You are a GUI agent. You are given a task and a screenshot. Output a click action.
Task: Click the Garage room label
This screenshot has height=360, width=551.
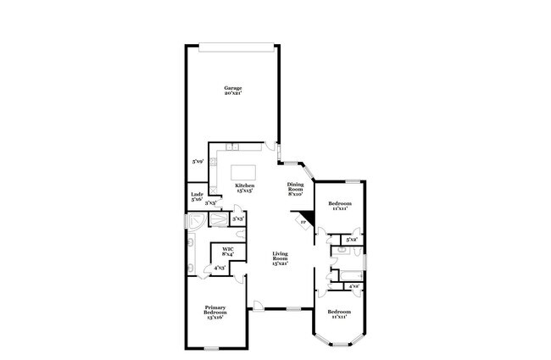click(233, 88)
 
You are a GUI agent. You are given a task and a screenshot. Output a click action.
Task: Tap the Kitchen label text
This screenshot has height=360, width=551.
click(245, 185)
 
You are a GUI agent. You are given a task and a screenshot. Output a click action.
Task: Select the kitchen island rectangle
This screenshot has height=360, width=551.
click(244, 170)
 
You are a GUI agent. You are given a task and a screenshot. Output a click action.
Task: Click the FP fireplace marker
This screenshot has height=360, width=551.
click(302, 222)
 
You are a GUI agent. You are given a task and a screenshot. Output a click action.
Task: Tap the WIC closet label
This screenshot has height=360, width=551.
click(227, 249)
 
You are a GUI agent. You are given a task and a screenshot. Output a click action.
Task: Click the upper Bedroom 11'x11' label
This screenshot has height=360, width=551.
click(339, 205)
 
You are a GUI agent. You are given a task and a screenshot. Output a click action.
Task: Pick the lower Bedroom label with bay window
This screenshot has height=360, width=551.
click(339, 311)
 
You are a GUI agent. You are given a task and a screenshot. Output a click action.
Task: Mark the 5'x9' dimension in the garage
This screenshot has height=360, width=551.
click(198, 161)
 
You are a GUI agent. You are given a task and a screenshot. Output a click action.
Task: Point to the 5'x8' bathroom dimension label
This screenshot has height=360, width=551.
click(351, 241)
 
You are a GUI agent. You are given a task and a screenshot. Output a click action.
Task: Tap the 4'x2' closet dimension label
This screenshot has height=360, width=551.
click(353, 286)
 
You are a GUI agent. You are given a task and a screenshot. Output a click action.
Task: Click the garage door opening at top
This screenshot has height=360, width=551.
click(234, 45)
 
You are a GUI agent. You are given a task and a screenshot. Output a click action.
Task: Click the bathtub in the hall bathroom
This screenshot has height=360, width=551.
click(347, 274)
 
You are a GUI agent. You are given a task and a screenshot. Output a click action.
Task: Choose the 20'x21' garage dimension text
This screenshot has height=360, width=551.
click(233, 93)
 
